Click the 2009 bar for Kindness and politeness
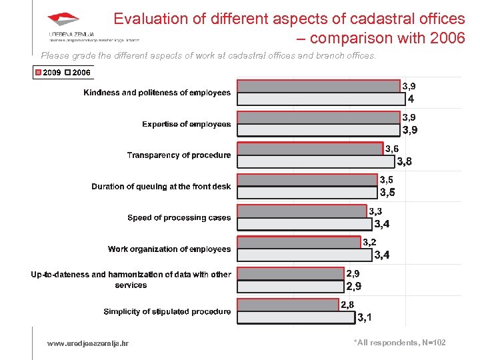point(319,86)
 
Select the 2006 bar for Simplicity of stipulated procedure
point(297,317)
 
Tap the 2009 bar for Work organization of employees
point(299,242)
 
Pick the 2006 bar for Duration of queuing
point(307,193)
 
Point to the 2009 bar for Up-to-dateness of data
point(290,273)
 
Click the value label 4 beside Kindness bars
point(411,99)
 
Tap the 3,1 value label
point(365,317)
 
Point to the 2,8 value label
point(347,305)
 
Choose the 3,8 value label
point(405,161)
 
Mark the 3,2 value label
point(369,242)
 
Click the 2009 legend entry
point(48,71)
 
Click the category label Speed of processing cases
point(179,218)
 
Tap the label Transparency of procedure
point(179,155)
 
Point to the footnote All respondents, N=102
point(399,343)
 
